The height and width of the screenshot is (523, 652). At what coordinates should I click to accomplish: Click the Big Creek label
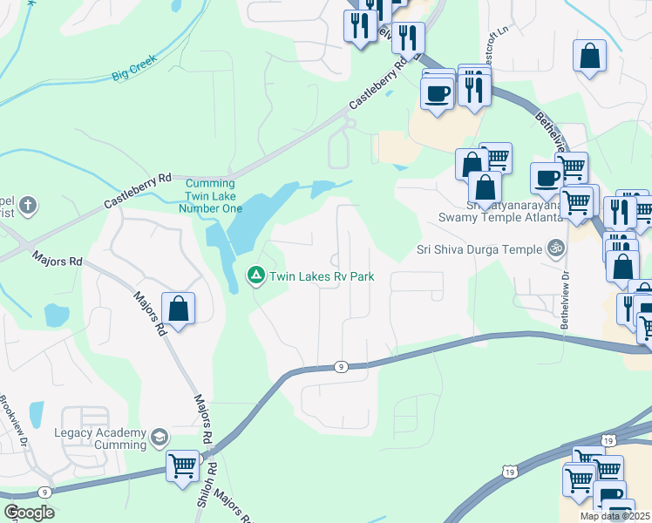tap(134, 71)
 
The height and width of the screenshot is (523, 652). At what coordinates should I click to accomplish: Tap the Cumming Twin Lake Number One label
tap(210, 196)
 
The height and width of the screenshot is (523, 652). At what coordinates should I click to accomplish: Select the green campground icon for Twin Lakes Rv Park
tap(256, 276)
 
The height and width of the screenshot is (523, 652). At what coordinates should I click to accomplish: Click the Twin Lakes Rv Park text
tap(322, 277)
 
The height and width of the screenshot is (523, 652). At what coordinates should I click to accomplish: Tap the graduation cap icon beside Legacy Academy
tap(159, 437)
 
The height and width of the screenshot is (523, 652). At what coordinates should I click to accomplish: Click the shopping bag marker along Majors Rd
tap(178, 309)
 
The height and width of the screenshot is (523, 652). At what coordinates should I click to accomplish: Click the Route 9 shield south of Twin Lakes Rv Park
tap(341, 367)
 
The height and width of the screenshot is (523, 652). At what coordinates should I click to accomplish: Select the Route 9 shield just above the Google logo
tap(44, 492)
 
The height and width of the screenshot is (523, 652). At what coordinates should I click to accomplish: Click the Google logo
tap(30, 513)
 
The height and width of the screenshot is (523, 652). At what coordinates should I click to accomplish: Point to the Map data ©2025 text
tap(614, 516)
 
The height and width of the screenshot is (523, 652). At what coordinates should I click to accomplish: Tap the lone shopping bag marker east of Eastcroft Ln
tap(590, 57)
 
